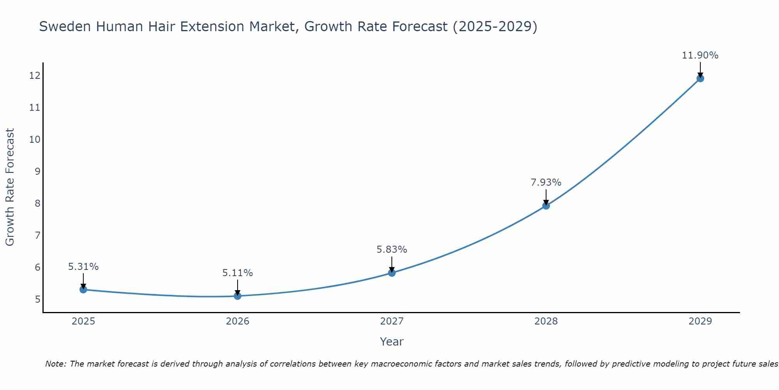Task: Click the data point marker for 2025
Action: tap(83, 289)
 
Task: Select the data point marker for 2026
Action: tap(238, 296)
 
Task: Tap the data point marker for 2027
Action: tap(392, 273)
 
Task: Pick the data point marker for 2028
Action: tap(546, 206)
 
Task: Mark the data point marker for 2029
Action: tap(700, 78)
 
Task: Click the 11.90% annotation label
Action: tap(700, 55)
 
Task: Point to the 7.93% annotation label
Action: tap(546, 183)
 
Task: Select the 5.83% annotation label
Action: tap(392, 250)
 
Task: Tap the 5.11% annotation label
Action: tap(238, 273)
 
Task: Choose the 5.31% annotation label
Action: tap(83, 267)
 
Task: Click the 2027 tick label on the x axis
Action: tap(392, 321)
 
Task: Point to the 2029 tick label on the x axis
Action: tap(700, 321)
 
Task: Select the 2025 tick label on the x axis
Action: tap(83, 321)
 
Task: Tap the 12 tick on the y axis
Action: tap(35, 76)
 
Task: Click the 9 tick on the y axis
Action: tap(37, 172)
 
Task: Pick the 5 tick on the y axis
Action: tap(37, 300)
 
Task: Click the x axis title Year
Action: tap(391, 342)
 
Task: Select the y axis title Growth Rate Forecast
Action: tap(10, 187)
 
